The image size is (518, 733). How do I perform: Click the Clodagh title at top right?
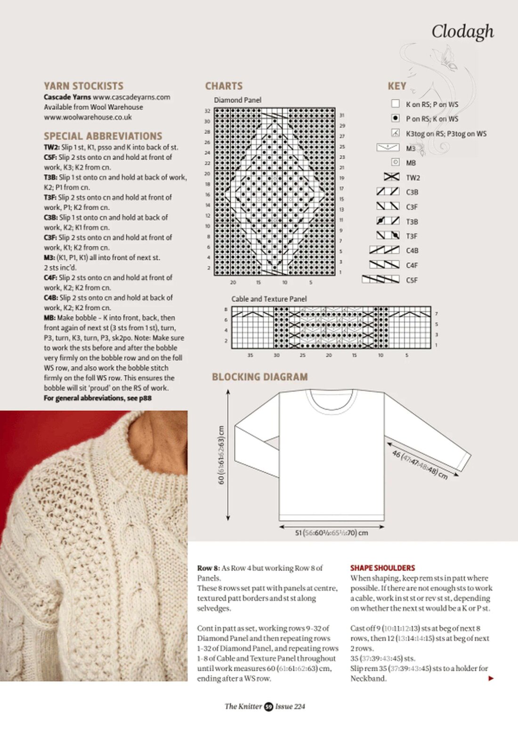[x=462, y=32]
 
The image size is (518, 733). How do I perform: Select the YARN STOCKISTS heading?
[x=83, y=86]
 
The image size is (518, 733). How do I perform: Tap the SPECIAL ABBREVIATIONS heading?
[x=103, y=136]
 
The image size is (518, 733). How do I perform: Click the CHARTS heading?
[x=224, y=86]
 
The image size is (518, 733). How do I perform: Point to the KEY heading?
[x=397, y=86]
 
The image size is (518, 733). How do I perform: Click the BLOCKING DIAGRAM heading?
[x=259, y=377]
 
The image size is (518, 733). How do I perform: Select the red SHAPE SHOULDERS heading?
[x=382, y=568]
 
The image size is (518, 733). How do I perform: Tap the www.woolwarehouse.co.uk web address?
[x=88, y=117]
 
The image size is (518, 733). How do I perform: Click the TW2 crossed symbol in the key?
[x=391, y=177]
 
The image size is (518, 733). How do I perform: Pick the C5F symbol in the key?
[x=380, y=280]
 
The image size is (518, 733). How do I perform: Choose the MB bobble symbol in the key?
[x=396, y=162]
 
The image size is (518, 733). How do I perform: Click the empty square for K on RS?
[x=396, y=104]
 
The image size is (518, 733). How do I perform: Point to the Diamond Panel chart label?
[x=237, y=100]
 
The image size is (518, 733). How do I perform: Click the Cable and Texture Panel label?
[x=269, y=298]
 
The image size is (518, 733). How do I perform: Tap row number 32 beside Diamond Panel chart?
[x=207, y=111]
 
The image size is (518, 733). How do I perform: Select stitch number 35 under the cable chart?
[x=250, y=355]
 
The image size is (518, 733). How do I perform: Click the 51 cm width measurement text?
[x=331, y=533]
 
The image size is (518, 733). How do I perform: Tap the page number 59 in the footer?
[x=268, y=706]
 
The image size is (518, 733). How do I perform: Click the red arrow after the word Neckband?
[x=491, y=678]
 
